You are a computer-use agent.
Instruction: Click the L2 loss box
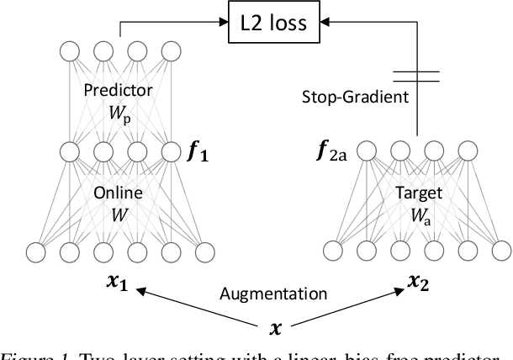[274, 23]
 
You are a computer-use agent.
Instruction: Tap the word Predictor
[119, 91]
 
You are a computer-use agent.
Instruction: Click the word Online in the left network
[119, 193]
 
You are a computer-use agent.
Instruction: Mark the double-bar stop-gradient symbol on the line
[417, 76]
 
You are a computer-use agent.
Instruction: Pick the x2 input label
[419, 283]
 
